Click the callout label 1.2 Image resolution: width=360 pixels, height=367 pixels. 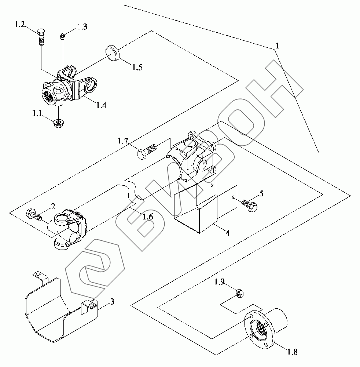click(x=19, y=24)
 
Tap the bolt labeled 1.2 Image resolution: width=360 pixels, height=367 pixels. click(x=41, y=37)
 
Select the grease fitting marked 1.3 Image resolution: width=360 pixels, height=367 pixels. click(x=62, y=36)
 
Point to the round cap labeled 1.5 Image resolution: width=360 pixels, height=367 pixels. click(x=113, y=54)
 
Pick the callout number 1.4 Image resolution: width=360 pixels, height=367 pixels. click(x=101, y=105)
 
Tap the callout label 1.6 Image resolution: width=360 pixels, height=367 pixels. click(x=148, y=217)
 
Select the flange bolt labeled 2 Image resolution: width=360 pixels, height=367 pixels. click(x=34, y=215)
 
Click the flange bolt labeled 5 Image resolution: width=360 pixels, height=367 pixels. click(x=249, y=205)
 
